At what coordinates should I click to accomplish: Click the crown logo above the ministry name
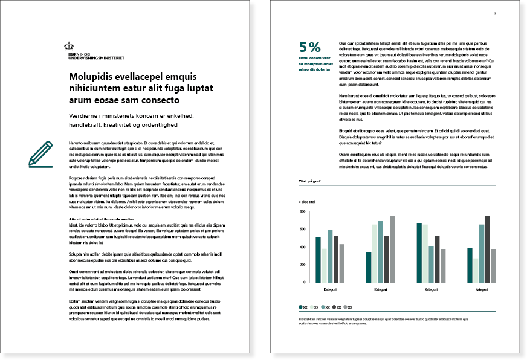pyautogui.click(x=70, y=45)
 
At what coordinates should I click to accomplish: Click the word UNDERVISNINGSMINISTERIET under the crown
pyautogui.click(x=97, y=59)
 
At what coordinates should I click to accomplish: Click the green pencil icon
pyautogui.click(x=41, y=153)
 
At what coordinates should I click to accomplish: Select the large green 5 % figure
pyautogui.click(x=310, y=47)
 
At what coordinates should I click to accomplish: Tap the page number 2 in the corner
pyautogui.click(x=495, y=13)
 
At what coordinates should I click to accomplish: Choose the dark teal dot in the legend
pyautogui.click(x=301, y=307)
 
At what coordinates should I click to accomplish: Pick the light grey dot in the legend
pyautogui.click(x=345, y=307)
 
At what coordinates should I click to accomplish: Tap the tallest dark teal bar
pyautogui.click(x=419, y=253)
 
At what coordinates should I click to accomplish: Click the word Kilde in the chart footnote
pyautogui.click(x=302, y=318)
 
